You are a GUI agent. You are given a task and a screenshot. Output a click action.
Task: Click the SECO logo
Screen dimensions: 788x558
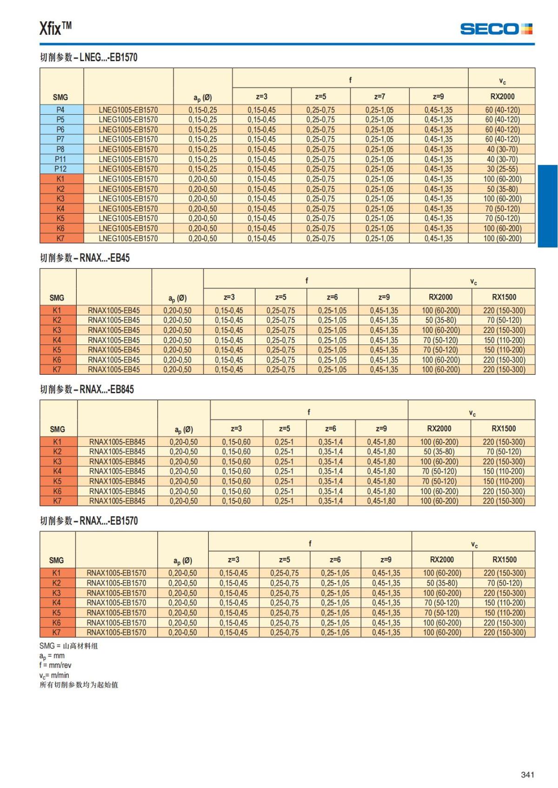(496, 29)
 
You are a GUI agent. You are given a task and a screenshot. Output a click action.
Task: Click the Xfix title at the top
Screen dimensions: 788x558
(55, 28)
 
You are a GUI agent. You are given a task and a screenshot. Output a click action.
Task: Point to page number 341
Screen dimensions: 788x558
(527, 775)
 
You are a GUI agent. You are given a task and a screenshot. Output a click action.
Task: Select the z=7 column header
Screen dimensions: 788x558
(379, 97)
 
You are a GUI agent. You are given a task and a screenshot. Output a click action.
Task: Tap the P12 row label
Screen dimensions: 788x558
(60, 169)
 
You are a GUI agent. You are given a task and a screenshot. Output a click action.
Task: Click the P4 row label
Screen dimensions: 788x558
(60, 110)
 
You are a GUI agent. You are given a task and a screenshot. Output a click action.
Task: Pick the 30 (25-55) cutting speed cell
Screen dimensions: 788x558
(502, 169)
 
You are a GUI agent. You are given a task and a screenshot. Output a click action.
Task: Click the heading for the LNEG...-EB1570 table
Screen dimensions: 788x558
(88, 58)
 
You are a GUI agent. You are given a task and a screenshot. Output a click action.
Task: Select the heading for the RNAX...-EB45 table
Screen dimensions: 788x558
(85, 258)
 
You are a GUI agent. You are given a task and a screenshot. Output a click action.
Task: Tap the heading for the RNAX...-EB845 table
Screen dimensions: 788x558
(86, 390)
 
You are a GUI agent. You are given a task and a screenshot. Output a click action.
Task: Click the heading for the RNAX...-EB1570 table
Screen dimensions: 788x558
(88, 521)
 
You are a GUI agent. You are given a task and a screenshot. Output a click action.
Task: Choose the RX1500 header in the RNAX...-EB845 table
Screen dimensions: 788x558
(504, 429)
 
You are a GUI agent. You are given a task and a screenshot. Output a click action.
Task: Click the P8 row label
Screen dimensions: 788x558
(60, 150)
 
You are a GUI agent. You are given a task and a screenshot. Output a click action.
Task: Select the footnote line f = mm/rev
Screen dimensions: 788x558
(55, 665)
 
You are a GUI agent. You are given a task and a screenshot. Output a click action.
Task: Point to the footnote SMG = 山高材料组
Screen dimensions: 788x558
(68, 646)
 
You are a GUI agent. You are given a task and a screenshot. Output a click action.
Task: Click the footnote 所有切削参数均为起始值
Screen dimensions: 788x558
(79, 685)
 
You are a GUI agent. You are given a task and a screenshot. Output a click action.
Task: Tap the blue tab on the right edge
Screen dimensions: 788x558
(547, 206)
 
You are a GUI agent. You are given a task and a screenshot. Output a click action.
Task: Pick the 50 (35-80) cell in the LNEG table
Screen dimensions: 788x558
(502, 189)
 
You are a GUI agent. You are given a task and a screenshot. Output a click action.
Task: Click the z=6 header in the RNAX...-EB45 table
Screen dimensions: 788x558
(332, 297)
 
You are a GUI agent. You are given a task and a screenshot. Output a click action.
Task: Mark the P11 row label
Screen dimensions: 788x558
(60, 159)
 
